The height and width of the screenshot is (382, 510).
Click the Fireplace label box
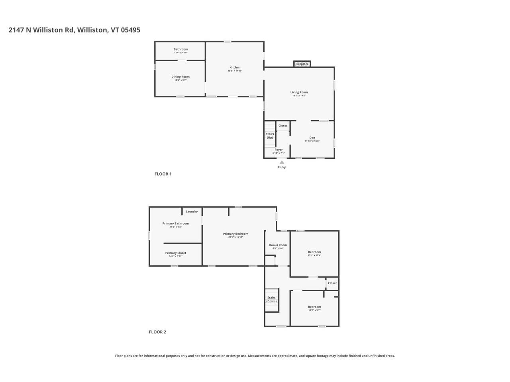pyautogui.click(x=302, y=64)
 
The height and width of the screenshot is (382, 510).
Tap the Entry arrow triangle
pyautogui.click(x=282, y=162)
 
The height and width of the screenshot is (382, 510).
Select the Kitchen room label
pyautogui.click(x=235, y=67)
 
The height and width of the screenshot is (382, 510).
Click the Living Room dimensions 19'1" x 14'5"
pyautogui.click(x=299, y=95)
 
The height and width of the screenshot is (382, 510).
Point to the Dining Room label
pyautogui.click(x=180, y=77)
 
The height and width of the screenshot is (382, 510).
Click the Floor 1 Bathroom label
pyautogui.click(x=180, y=49)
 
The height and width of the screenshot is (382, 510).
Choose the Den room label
pyautogui.click(x=312, y=138)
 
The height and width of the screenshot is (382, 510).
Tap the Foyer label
pyautogui.click(x=279, y=150)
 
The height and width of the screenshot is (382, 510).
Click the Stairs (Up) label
pyautogui.click(x=270, y=136)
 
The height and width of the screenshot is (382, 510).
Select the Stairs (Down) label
pyautogui.click(x=271, y=299)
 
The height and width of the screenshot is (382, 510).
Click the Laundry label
pyautogui.click(x=192, y=211)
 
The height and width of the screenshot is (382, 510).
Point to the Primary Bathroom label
pyautogui.click(x=175, y=223)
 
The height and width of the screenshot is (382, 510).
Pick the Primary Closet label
pyautogui.click(x=176, y=253)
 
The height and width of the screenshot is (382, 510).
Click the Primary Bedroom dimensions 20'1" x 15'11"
pyautogui.click(x=235, y=237)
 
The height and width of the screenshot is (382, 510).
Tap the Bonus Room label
pyautogui.click(x=278, y=245)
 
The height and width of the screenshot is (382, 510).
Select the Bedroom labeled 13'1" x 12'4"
pyautogui.click(x=314, y=252)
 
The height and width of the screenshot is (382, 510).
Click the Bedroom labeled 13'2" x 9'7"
pyautogui.click(x=314, y=307)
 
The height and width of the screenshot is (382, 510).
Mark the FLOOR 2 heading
pyautogui.click(x=157, y=332)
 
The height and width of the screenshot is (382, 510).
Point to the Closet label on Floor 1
pyautogui.click(x=283, y=126)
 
